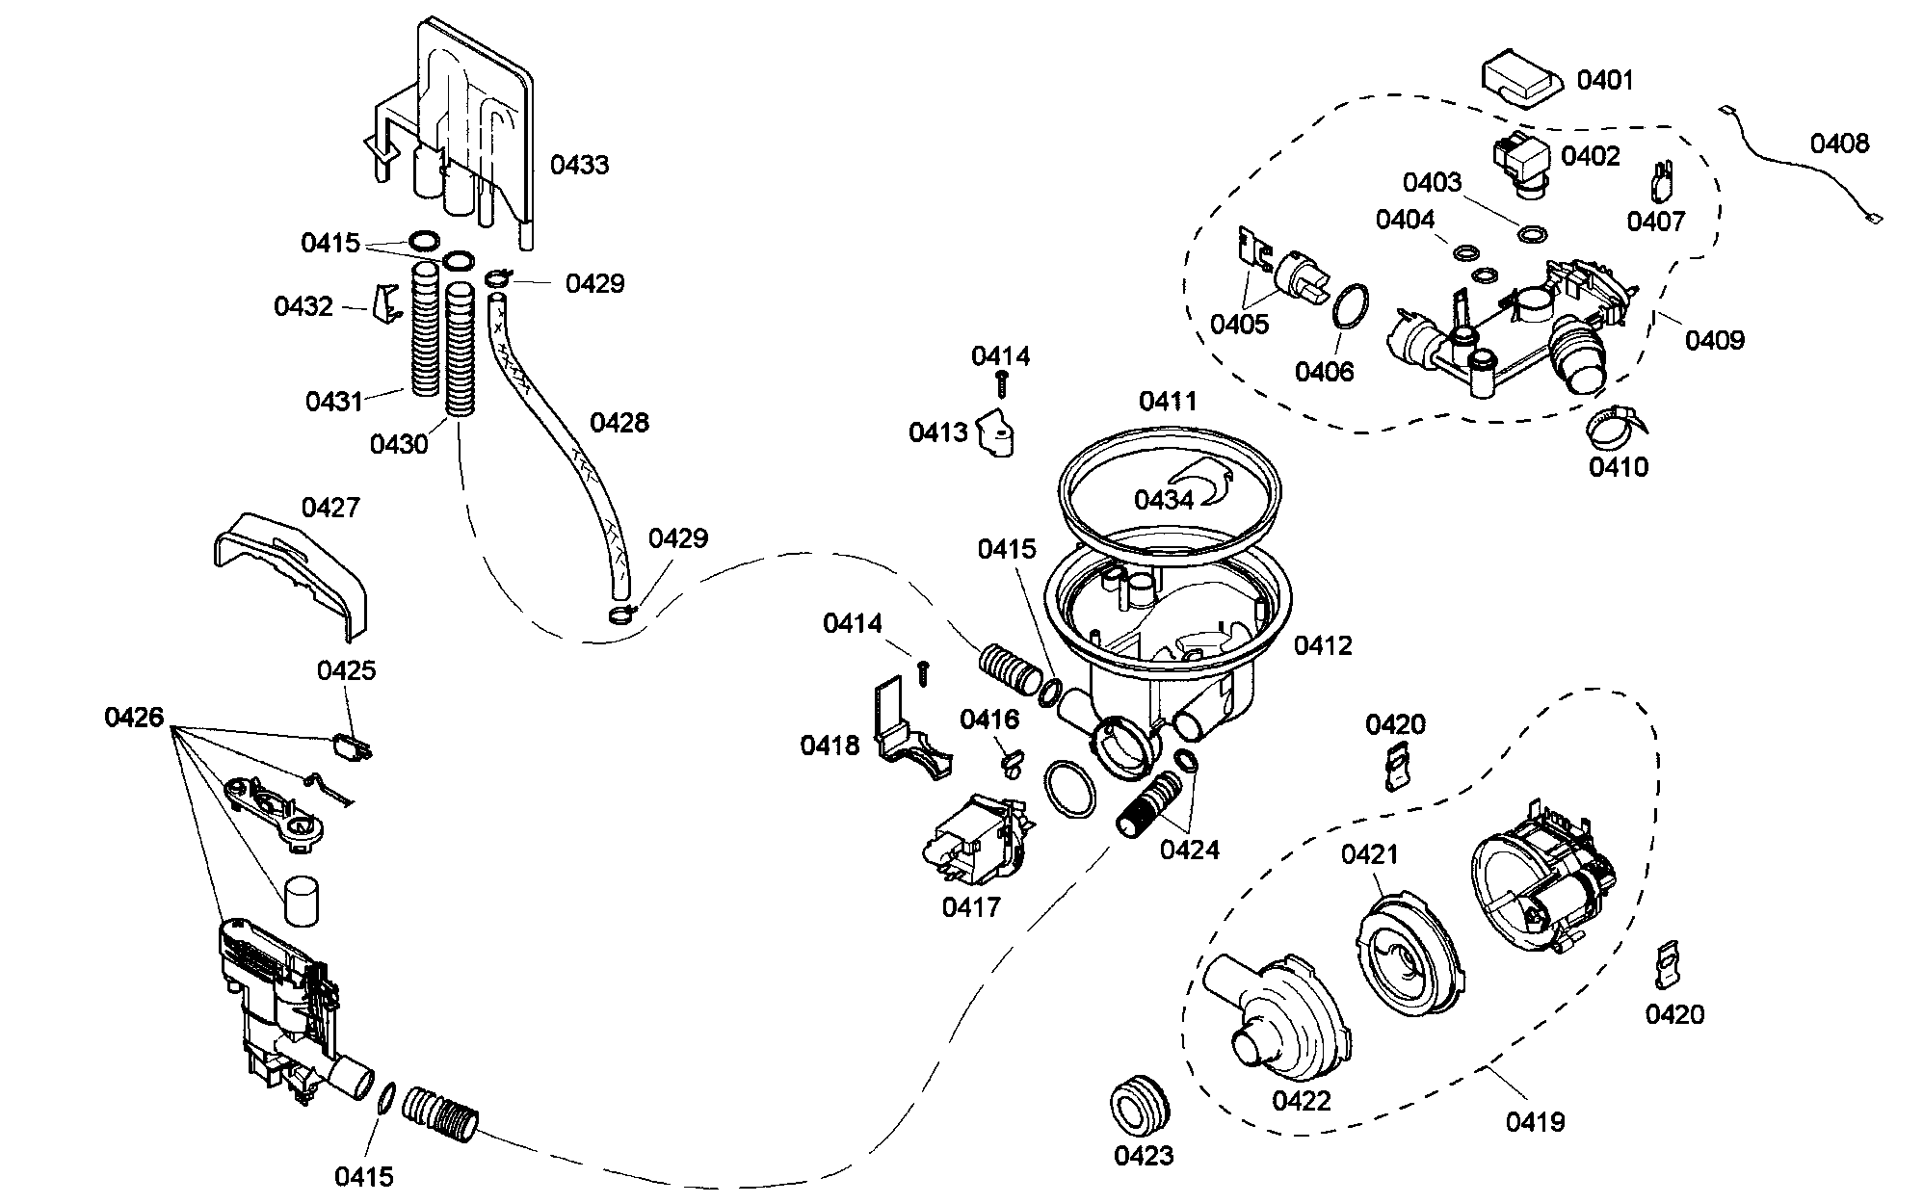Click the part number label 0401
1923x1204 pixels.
1605,80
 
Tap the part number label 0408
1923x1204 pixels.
1839,144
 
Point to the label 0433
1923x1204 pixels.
579,165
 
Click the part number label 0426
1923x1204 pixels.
134,717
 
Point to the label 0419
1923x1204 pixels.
1535,1121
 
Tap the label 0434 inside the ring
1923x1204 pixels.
1163,500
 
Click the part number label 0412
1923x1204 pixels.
1323,645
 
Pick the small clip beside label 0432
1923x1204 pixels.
388,305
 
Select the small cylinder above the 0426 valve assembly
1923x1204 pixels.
301,900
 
